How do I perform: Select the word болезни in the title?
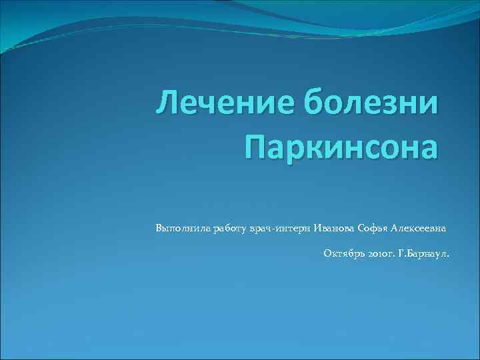click(x=371, y=106)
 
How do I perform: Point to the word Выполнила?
click(x=182, y=228)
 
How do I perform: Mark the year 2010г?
click(x=380, y=253)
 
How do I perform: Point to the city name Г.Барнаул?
click(x=424, y=253)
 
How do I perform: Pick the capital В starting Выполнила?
click(x=159, y=228)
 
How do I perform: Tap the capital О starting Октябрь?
click(x=327, y=253)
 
